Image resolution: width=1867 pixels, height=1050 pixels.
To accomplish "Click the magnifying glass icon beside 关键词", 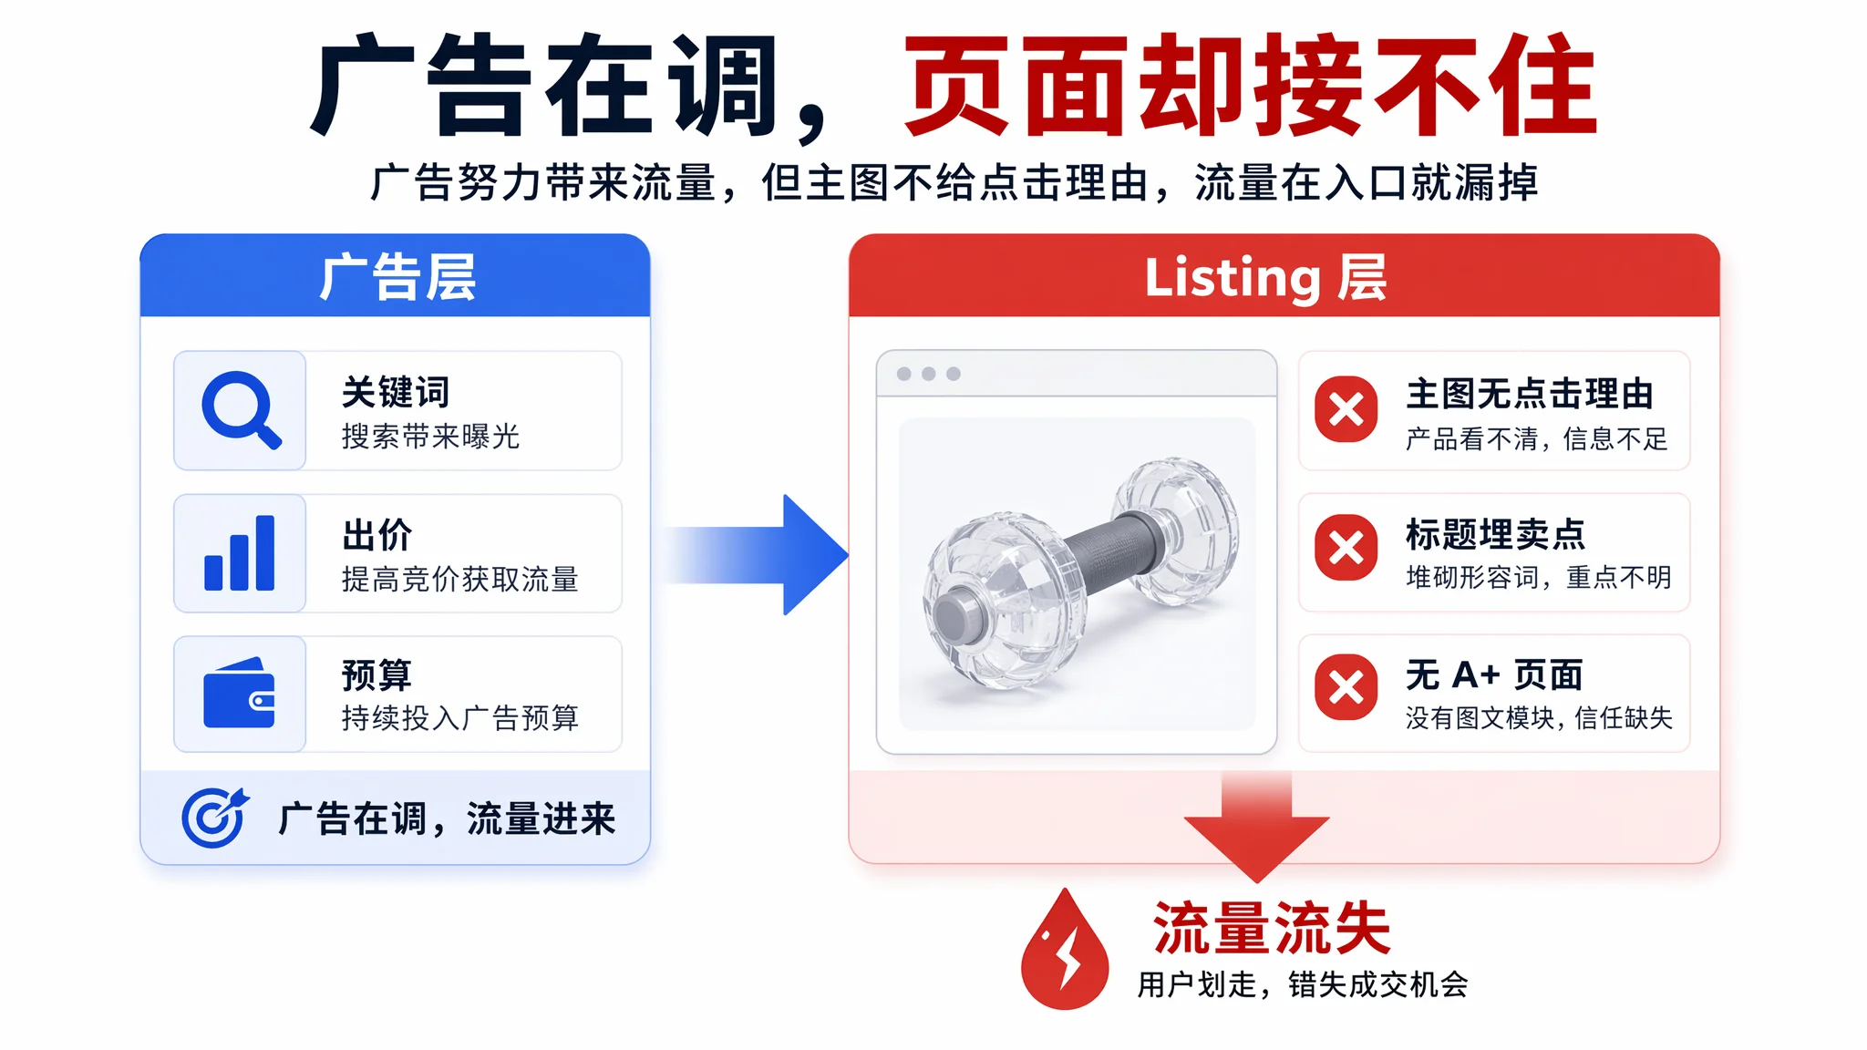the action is [x=239, y=408].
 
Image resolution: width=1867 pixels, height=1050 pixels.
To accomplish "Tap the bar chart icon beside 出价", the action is [x=240, y=552].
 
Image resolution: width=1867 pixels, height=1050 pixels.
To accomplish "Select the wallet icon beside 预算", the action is [x=239, y=693].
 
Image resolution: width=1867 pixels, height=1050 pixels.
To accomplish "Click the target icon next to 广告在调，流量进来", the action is [x=215, y=817].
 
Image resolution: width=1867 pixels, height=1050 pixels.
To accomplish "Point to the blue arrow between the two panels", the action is [x=757, y=554].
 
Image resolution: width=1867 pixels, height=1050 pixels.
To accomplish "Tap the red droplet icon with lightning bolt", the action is [x=1065, y=950].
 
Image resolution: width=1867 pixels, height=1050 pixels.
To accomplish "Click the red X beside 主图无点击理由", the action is [x=1346, y=409].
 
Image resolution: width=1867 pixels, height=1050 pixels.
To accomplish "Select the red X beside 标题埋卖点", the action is [x=1346, y=548].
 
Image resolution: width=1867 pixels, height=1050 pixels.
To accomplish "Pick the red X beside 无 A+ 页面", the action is [x=1346, y=687].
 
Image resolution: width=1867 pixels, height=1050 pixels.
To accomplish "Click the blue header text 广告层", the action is [x=397, y=277].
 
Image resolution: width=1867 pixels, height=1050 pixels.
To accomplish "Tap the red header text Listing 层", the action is [x=1265, y=277].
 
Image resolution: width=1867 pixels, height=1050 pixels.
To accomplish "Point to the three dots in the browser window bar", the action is [x=929, y=374].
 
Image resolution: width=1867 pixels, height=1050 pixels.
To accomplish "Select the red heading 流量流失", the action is [x=1272, y=928].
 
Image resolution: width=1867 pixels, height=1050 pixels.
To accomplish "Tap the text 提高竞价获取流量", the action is [x=460, y=579].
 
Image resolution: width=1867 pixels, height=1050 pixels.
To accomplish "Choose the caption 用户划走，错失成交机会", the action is [x=1303, y=984].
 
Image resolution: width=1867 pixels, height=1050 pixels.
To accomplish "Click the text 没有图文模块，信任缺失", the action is [x=1539, y=718].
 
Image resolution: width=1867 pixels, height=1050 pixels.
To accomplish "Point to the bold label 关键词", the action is [x=396, y=393].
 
